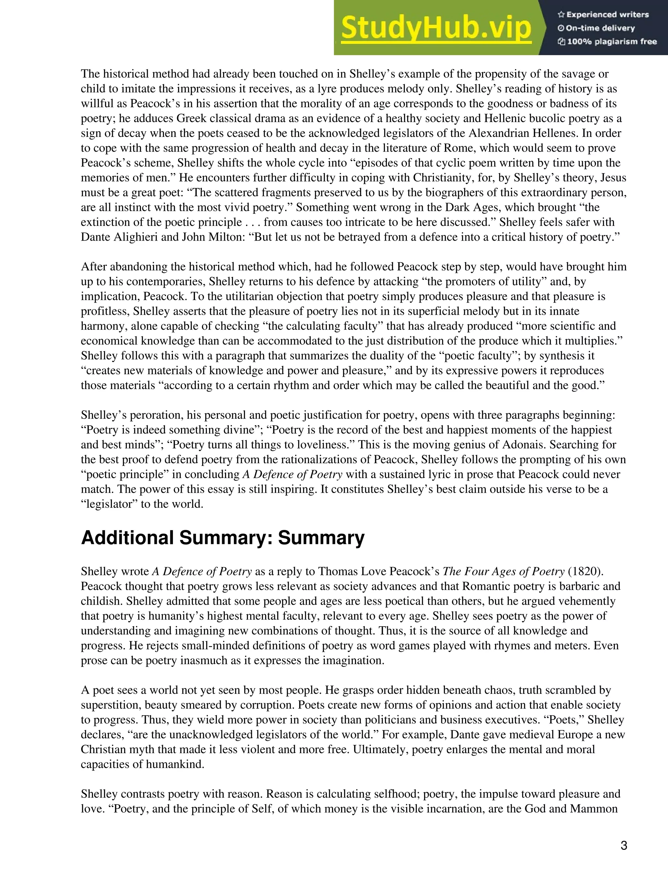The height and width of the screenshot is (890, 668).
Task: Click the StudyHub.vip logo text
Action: (436, 28)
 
